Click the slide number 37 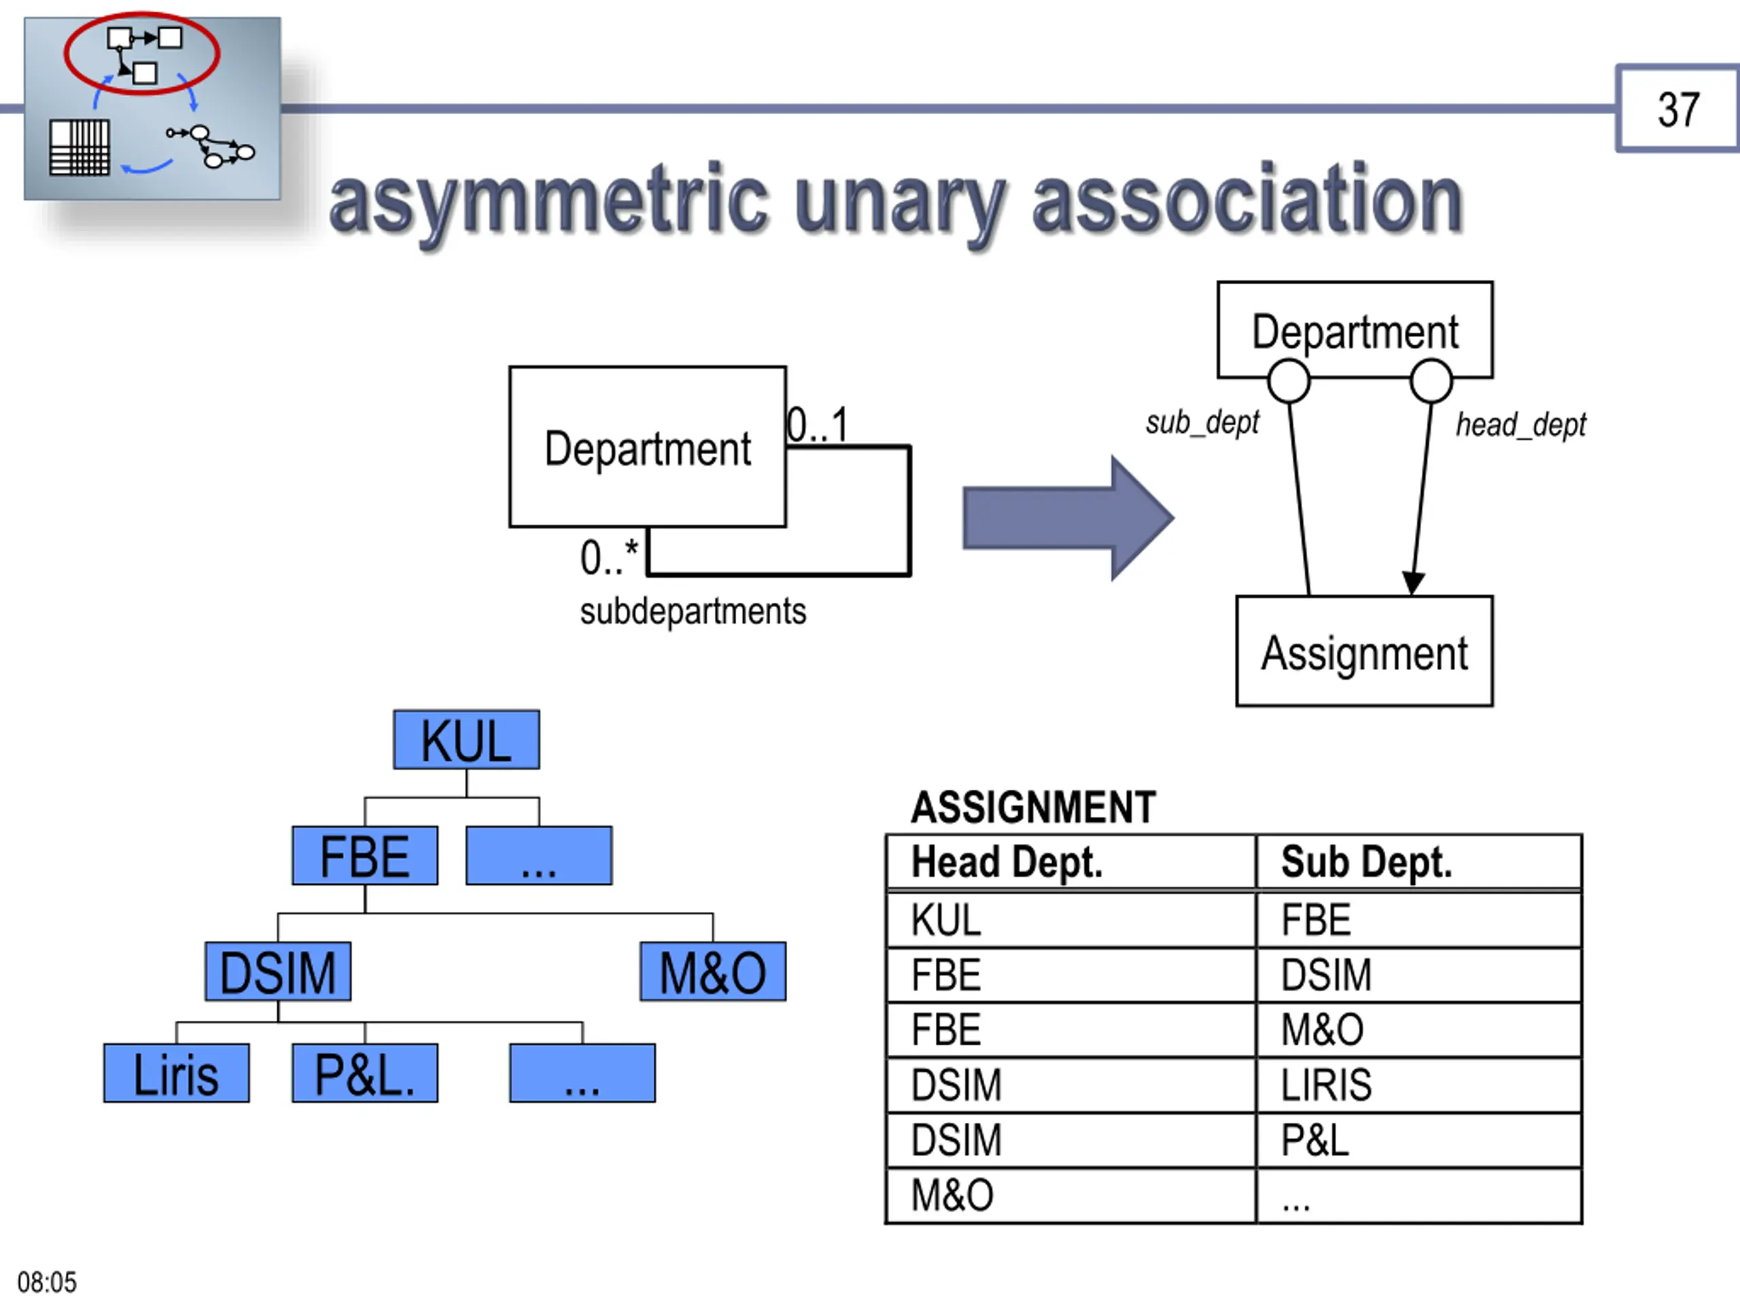pos(1678,109)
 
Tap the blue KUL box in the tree pos(466,739)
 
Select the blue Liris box pos(176,1073)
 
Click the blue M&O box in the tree pos(713,971)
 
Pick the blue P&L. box pos(365,1073)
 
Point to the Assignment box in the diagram pos(1364,650)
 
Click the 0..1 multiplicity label pos(817,425)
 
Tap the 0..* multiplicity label pos(609,557)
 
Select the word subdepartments pos(693,611)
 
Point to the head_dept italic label pos(1520,425)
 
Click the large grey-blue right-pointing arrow pos(1068,518)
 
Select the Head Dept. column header pos(1007,862)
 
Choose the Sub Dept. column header pos(1366,862)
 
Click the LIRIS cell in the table pos(1326,1084)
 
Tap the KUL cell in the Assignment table pos(946,920)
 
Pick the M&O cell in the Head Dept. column pos(952,1195)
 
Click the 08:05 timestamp pos(47,1282)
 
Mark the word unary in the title pos(901,202)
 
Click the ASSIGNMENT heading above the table pos(1033,807)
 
